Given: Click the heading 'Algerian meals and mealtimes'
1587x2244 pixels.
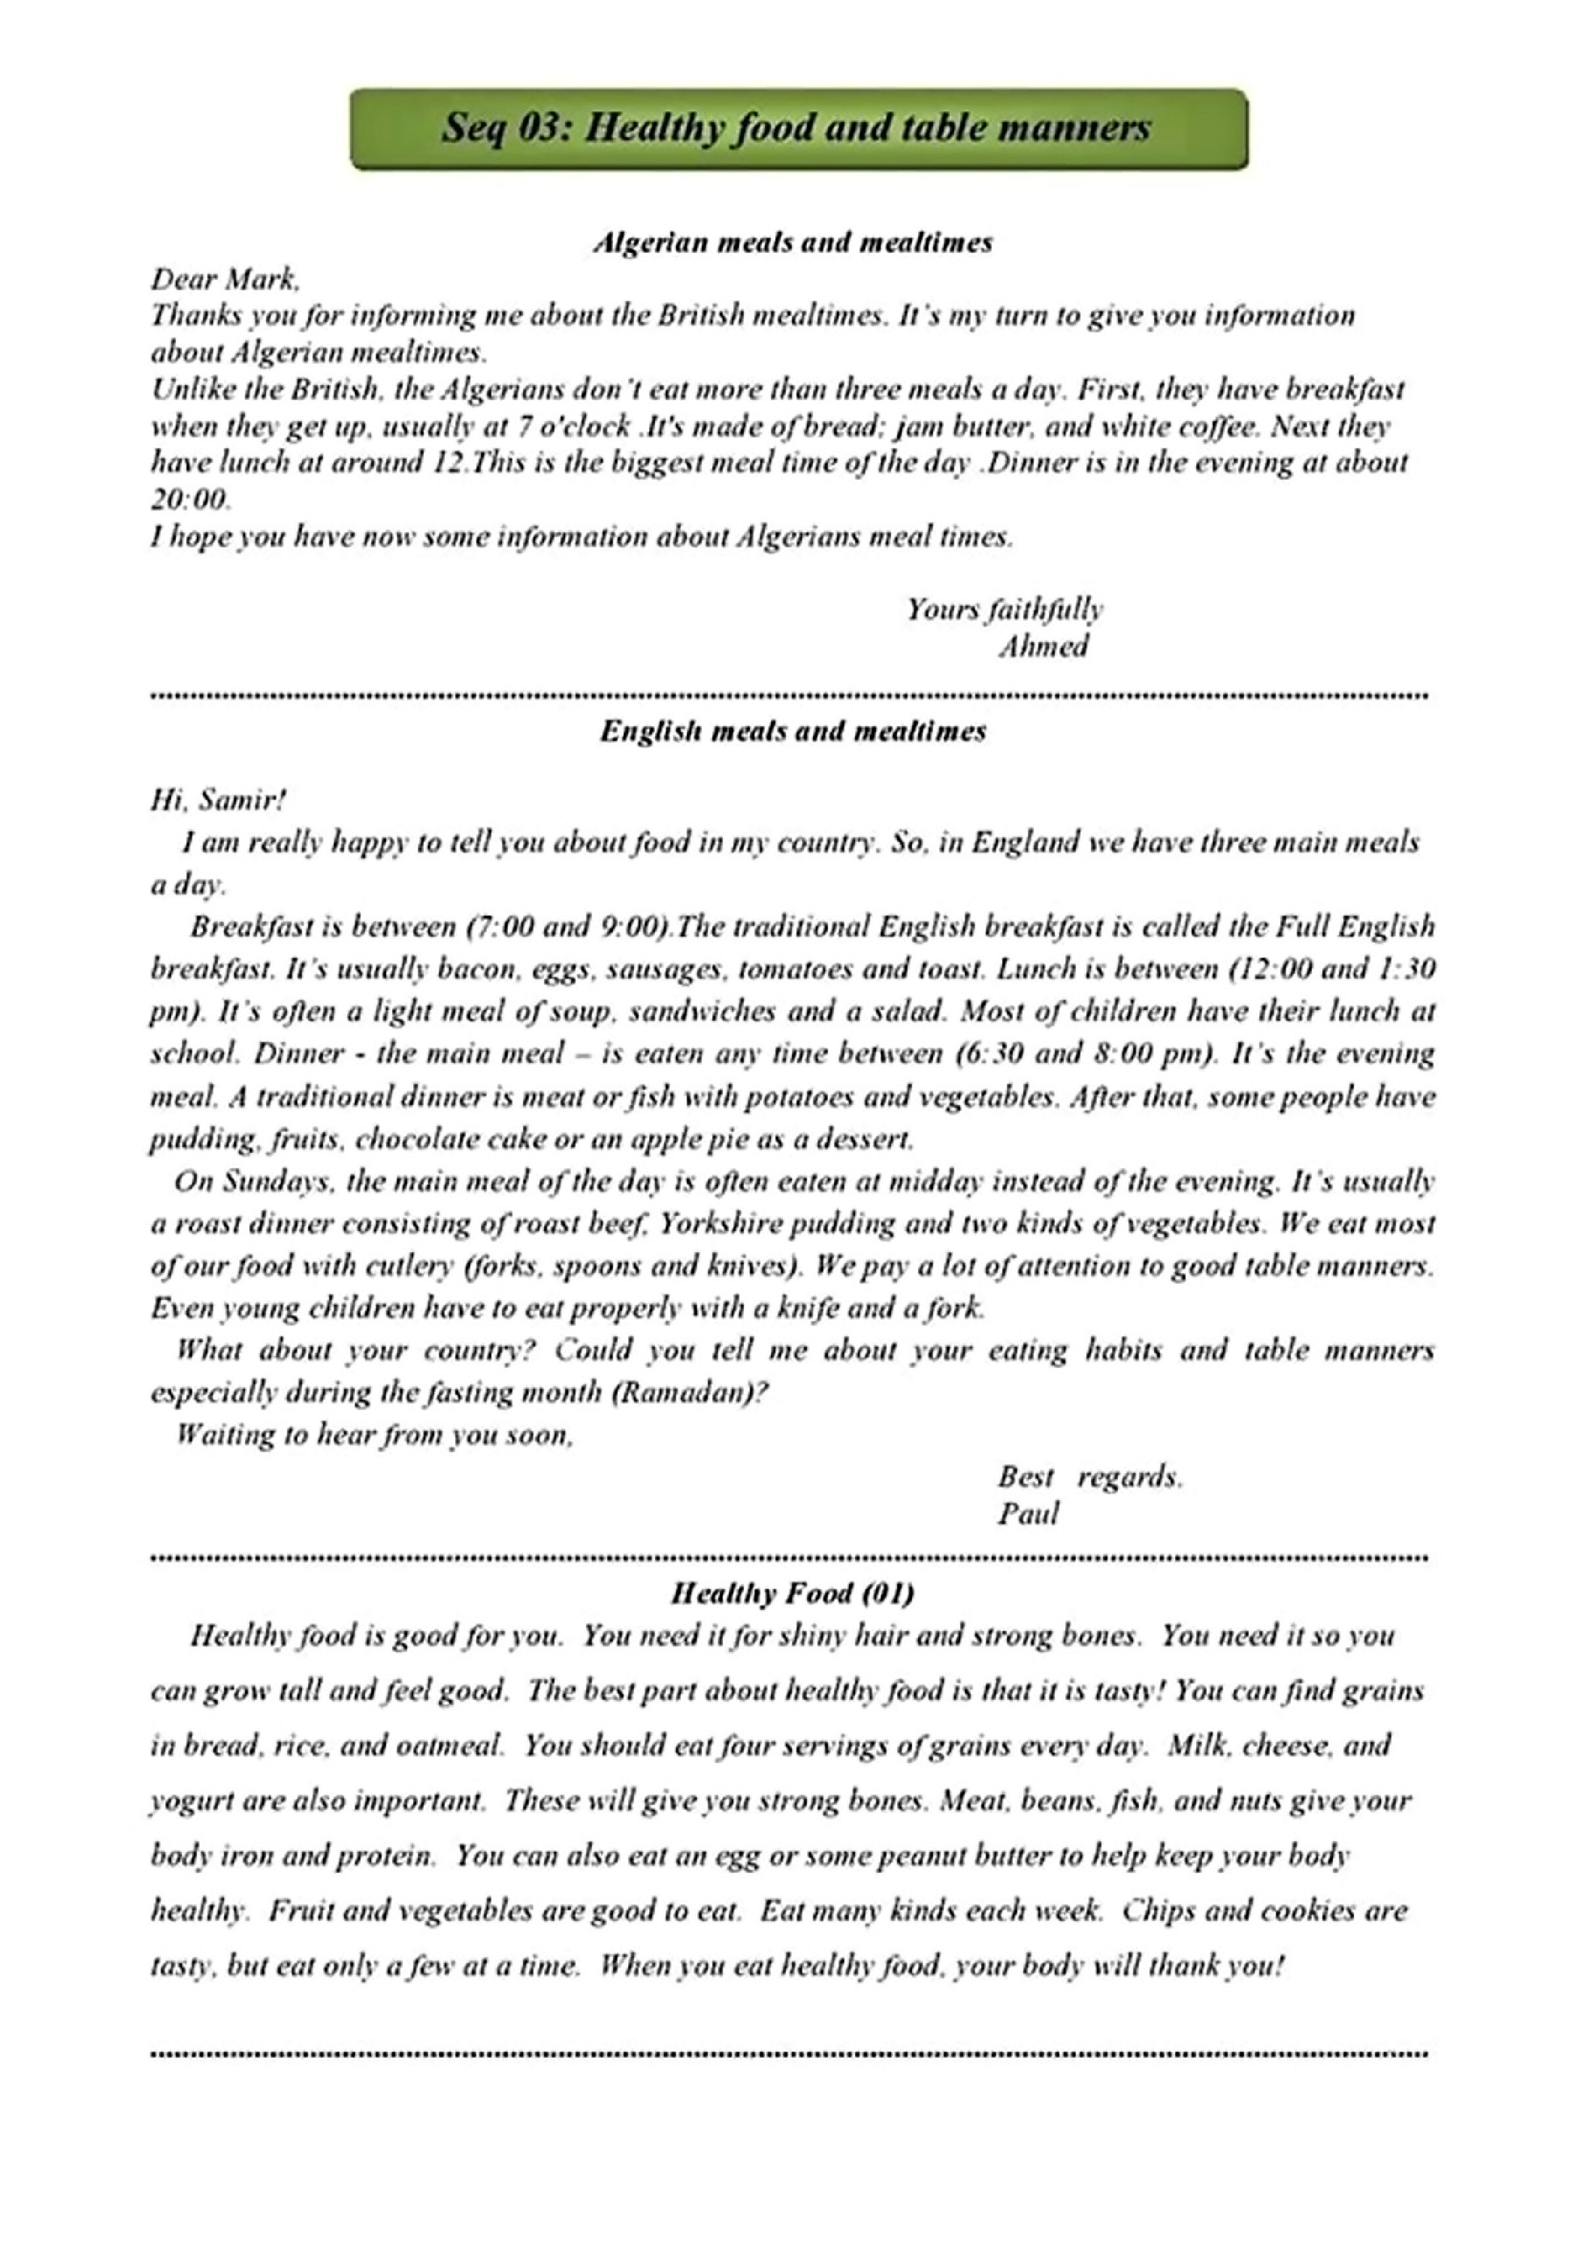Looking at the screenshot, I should pyautogui.click(x=793, y=243).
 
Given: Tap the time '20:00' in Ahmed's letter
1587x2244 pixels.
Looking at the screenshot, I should pyautogui.click(x=189, y=500).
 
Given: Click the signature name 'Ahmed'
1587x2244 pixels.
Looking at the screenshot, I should pyautogui.click(x=1043, y=646).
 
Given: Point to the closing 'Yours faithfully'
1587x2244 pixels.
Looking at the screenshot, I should pyautogui.click(x=1005, y=610).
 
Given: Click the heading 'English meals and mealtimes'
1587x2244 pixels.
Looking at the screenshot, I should pyautogui.click(x=793, y=731).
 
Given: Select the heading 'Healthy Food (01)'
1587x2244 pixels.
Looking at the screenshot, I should pyautogui.click(x=793, y=1593).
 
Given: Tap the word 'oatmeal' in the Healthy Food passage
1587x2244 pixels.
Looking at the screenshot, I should pyautogui.click(x=458, y=1746).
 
